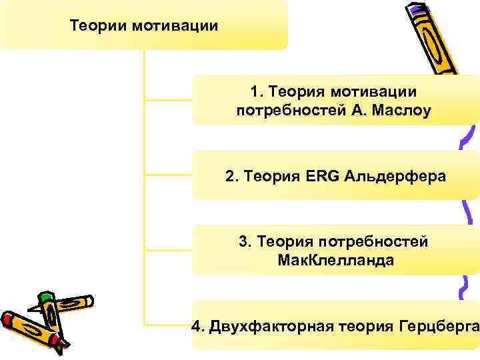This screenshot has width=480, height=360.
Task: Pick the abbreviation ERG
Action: coord(323,177)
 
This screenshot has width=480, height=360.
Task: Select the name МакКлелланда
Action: coord(335,260)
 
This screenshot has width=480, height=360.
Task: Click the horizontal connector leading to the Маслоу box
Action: coord(168,101)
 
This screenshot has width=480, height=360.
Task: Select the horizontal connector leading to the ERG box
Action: coord(168,176)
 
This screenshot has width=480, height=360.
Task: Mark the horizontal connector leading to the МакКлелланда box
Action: coord(168,251)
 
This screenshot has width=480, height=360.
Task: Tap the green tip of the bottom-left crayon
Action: coord(45,296)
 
